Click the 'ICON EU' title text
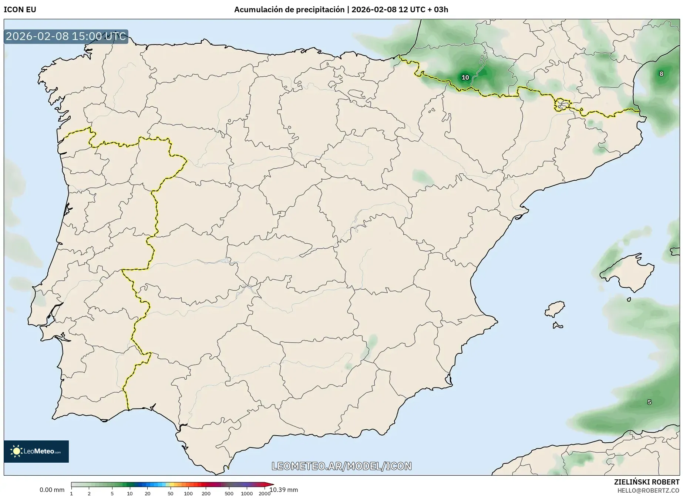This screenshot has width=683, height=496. [x=20, y=10]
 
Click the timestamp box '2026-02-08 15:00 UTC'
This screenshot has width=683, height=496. [x=66, y=36]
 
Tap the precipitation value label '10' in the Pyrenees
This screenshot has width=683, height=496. [x=465, y=77]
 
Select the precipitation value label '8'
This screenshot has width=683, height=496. [x=661, y=74]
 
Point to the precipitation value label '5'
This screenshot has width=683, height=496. [x=649, y=402]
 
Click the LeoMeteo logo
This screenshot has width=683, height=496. [x=36, y=451]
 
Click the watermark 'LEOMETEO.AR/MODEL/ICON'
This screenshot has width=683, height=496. [x=341, y=466]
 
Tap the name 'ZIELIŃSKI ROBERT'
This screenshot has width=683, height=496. [x=646, y=482]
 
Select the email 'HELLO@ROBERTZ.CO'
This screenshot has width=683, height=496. [x=648, y=490]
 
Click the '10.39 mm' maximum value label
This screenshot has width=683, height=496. [x=284, y=490]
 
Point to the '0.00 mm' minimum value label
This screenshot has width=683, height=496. [x=52, y=490]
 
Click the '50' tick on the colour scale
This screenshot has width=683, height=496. [x=170, y=493]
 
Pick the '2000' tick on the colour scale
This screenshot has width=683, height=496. [x=264, y=493]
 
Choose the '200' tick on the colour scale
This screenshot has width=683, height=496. [x=206, y=493]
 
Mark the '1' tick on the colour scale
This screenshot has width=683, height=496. [x=71, y=493]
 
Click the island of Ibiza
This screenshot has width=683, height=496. [x=555, y=309]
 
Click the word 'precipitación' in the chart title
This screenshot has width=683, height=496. [x=318, y=10]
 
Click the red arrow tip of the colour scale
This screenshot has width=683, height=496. [x=272, y=484]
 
